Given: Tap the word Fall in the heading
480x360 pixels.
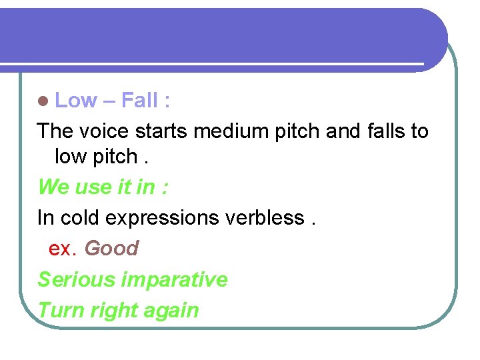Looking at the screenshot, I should point(140,101).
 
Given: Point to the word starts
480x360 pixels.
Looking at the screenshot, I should point(163,131).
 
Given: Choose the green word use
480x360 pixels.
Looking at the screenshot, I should point(93,187).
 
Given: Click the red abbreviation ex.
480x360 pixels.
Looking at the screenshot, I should point(63,249).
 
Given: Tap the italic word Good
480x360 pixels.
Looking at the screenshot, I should point(111,248).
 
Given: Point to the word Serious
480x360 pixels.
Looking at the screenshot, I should point(76,279).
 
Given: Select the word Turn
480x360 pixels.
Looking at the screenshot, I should point(56,310).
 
